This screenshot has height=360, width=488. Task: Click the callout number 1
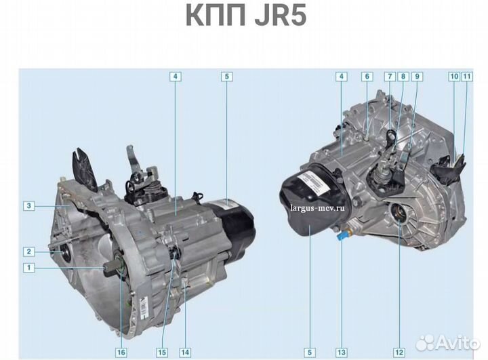(x=29, y=268)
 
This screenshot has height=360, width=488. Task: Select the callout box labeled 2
(x=29, y=252)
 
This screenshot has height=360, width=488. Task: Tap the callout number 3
(x=29, y=205)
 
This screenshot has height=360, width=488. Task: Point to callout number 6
(x=367, y=77)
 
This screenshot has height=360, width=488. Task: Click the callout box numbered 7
(x=390, y=77)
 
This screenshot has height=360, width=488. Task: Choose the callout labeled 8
(x=403, y=77)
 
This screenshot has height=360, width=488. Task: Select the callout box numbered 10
(x=453, y=77)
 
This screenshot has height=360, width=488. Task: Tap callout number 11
(x=466, y=77)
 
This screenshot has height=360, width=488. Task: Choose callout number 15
(x=162, y=352)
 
